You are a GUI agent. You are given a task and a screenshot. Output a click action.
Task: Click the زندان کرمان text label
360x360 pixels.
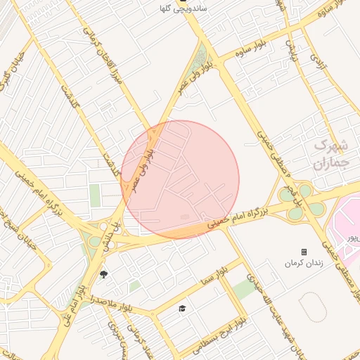[x=304, y=262]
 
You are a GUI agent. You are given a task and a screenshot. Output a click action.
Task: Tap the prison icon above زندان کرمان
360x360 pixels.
[x=304, y=252]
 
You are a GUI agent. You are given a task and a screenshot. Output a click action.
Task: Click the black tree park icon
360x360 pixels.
[x=105, y=274]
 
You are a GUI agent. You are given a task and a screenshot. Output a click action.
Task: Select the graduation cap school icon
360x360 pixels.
[x=183, y=309]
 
